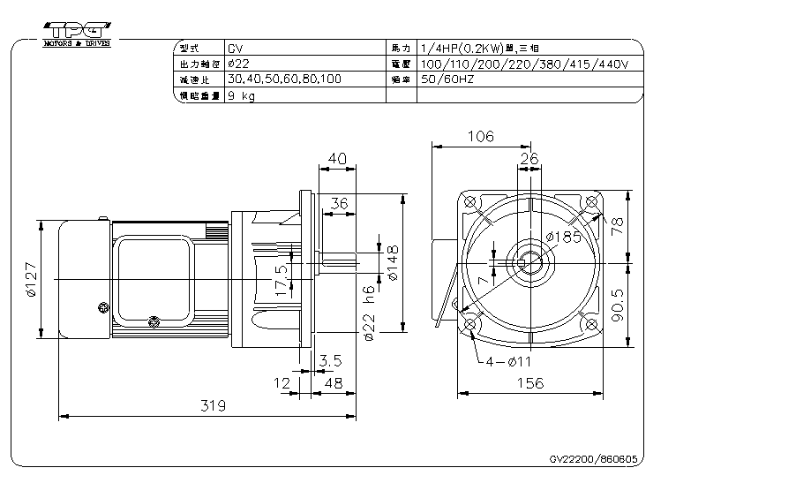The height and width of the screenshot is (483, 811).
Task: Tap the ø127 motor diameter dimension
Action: tap(30, 280)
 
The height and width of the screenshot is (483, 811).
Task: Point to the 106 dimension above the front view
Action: tap(480, 137)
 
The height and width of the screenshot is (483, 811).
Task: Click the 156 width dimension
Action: tap(529, 383)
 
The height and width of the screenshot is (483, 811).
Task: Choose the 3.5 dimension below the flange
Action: tap(330, 361)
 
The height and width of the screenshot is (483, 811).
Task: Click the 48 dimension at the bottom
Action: tap(334, 383)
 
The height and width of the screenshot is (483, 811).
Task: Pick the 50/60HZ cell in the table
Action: tap(451, 79)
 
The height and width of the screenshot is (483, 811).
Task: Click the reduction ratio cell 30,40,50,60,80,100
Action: tap(283, 79)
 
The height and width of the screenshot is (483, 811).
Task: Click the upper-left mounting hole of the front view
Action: tap(469, 202)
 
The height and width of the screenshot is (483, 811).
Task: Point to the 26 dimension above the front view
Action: tap(529, 158)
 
